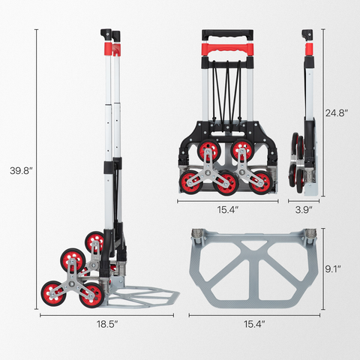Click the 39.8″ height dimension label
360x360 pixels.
[22, 171]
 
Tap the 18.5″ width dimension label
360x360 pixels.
[107, 324]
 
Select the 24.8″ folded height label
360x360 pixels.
[337, 113]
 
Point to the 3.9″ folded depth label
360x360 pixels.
[304, 210]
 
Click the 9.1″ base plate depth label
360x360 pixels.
[333, 269]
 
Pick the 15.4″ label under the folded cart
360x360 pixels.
[227, 210]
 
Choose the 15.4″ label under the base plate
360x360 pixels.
[254, 324]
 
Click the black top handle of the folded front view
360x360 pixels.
[227, 34]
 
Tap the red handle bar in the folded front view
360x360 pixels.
[227, 49]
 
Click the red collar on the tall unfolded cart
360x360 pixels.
[108, 48]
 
